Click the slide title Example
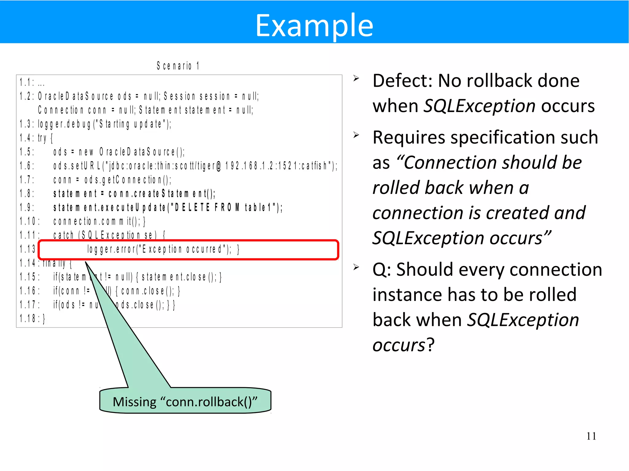pyautogui.click(x=314, y=26)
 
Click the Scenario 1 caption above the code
pyautogui.click(x=178, y=66)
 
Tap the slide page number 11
pyautogui.click(x=591, y=436)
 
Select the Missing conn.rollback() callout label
pyautogui.click(x=185, y=402)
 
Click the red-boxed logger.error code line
pyautogui.click(x=163, y=249)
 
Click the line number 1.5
pyautogui.click(x=26, y=152)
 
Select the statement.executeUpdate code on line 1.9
pyautogui.click(x=167, y=208)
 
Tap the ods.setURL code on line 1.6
pyautogui.click(x=195, y=166)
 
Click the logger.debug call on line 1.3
pyautogui.click(x=104, y=124)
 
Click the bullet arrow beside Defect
pyautogui.click(x=356, y=78)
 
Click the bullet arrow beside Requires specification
pyautogui.click(x=356, y=135)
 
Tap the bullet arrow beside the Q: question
pyautogui.click(x=356, y=267)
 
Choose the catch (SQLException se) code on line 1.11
pyautogui.click(x=109, y=235)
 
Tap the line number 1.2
pyautogui.click(x=26, y=96)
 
